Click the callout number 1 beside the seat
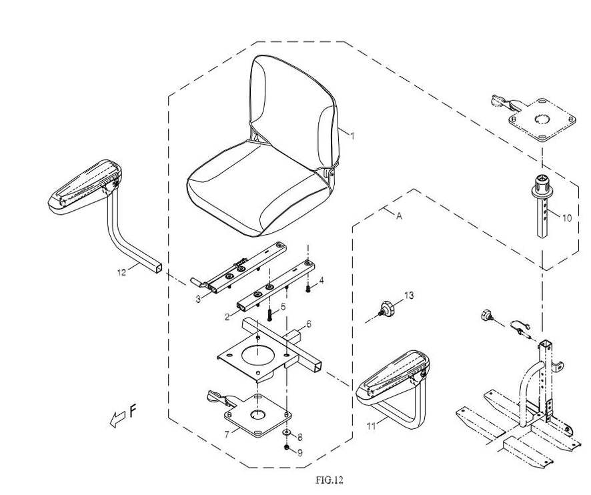click(352, 135)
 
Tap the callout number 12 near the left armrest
click(121, 272)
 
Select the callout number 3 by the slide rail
click(198, 300)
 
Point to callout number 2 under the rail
click(227, 317)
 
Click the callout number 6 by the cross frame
click(309, 325)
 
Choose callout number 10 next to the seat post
click(566, 217)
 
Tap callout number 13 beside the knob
click(409, 295)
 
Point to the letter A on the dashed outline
click(400, 216)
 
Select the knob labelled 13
click(386, 309)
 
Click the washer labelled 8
click(286, 434)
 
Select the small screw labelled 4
click(308, 289)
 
